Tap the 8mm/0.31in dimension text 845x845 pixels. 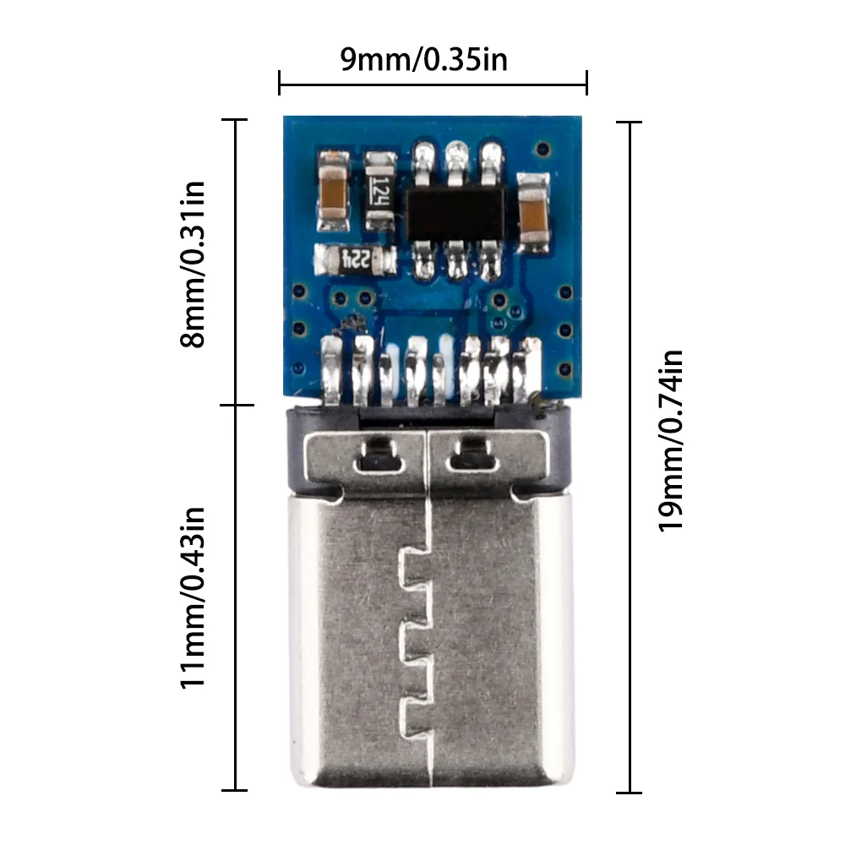(x=194, y=264)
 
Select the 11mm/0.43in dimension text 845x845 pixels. (x=194, y=597)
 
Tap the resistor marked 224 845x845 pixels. (x=354, y=260)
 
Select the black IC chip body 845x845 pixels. (x=455, y=213)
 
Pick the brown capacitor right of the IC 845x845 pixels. (x=533, y=212)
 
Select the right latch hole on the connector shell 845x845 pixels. (x=472, y=459)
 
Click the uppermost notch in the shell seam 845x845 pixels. (x=412, y=561)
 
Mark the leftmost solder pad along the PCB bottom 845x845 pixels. (x=332, y=368)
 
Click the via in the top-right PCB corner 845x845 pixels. (x=541, y=147)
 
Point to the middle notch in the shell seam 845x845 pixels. (x=412, y=639)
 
